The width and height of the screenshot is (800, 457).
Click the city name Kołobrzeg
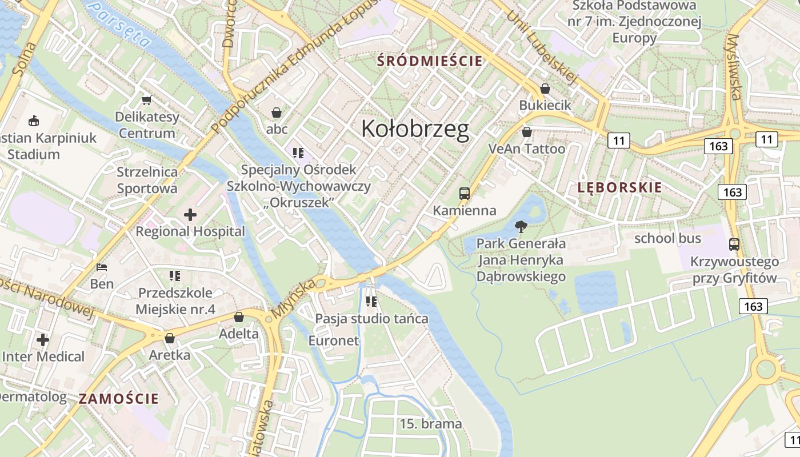point(415,130)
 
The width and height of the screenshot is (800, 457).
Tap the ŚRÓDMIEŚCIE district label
point(430,61)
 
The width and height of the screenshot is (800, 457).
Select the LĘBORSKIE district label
point(619,187)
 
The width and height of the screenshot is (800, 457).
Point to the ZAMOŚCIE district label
point(119,399)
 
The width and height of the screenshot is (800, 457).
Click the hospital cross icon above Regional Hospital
point(190,215)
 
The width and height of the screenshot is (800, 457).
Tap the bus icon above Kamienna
point(464,194)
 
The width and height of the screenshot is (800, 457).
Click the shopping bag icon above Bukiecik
point(545,89)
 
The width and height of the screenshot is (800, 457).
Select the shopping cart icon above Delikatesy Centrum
point(146,101)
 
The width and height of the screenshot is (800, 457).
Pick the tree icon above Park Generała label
point(521,227)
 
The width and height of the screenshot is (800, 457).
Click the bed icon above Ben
point(102,267)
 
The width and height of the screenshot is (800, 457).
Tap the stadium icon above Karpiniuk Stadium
point(34,121)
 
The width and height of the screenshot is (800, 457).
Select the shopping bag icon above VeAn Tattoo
point(526,132)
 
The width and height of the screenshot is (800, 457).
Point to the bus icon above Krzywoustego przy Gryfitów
point(734,244)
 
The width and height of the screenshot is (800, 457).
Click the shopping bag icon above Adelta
point(239,316)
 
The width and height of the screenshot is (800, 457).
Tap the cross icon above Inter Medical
point(43,340)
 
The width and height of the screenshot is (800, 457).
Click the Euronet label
point(333,341)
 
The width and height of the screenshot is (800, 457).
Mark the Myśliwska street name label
point(734,66)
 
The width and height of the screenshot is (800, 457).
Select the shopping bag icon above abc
point(277,113)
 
